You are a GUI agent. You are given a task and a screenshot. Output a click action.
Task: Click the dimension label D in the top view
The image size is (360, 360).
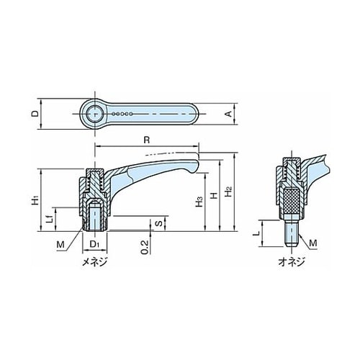(35, 114)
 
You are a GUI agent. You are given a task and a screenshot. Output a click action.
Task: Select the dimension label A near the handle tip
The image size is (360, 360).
(230, 114)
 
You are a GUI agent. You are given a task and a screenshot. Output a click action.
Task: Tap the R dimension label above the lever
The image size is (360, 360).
(146, 140)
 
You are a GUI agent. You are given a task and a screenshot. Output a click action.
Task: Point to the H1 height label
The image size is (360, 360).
(35, 200)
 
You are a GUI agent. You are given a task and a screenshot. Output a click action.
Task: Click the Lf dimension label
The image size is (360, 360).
(50, 219)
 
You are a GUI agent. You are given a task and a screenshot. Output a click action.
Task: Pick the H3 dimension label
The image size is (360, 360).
(199, 202)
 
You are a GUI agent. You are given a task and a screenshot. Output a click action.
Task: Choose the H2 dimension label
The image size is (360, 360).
(228, 192)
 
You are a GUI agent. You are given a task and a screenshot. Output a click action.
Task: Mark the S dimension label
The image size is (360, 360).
(160, 223)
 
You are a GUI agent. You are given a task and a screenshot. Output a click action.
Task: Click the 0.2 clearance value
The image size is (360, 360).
(145, 247)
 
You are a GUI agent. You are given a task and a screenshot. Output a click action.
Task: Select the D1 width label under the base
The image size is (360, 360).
(94, 244)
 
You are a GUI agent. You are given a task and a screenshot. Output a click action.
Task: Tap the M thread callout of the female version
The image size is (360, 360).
(60, 245)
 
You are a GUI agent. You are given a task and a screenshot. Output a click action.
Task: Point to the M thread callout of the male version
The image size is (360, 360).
(313, 243)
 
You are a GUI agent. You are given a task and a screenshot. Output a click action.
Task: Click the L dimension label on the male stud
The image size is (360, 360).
(257, 233)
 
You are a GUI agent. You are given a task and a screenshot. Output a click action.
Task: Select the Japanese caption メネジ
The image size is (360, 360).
(94, 261)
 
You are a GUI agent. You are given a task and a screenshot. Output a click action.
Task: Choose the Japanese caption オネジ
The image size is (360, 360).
(292, 261)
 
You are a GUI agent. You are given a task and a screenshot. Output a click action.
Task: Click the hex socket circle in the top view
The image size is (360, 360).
(95, 114)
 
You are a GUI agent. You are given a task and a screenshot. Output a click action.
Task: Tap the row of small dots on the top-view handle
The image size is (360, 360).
(122, 114)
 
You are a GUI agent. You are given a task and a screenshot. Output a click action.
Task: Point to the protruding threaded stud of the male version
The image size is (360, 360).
(292, 233)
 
